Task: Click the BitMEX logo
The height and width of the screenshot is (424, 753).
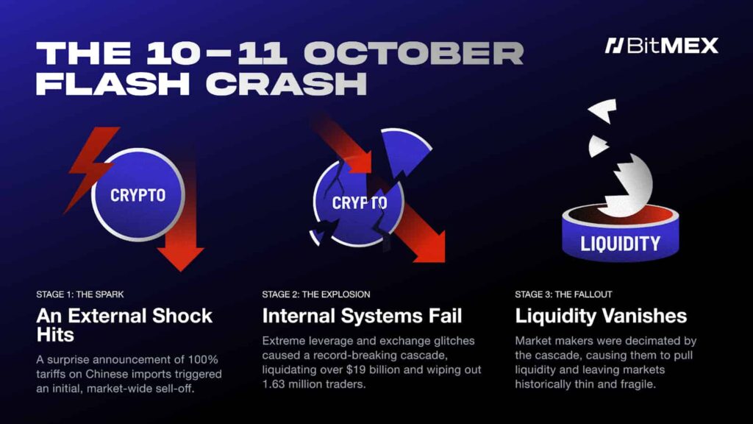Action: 661,46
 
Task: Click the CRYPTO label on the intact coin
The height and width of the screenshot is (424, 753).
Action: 138,196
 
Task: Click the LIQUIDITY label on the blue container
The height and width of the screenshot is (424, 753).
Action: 620,243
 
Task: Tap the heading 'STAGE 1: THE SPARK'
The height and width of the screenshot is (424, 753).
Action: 80,294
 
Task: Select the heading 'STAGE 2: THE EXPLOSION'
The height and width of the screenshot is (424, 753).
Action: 316,294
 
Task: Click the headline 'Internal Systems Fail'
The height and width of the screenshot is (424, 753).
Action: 362,317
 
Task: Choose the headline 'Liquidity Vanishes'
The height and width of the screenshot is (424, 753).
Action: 601,317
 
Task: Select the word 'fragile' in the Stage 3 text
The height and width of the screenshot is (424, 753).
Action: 657,384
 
